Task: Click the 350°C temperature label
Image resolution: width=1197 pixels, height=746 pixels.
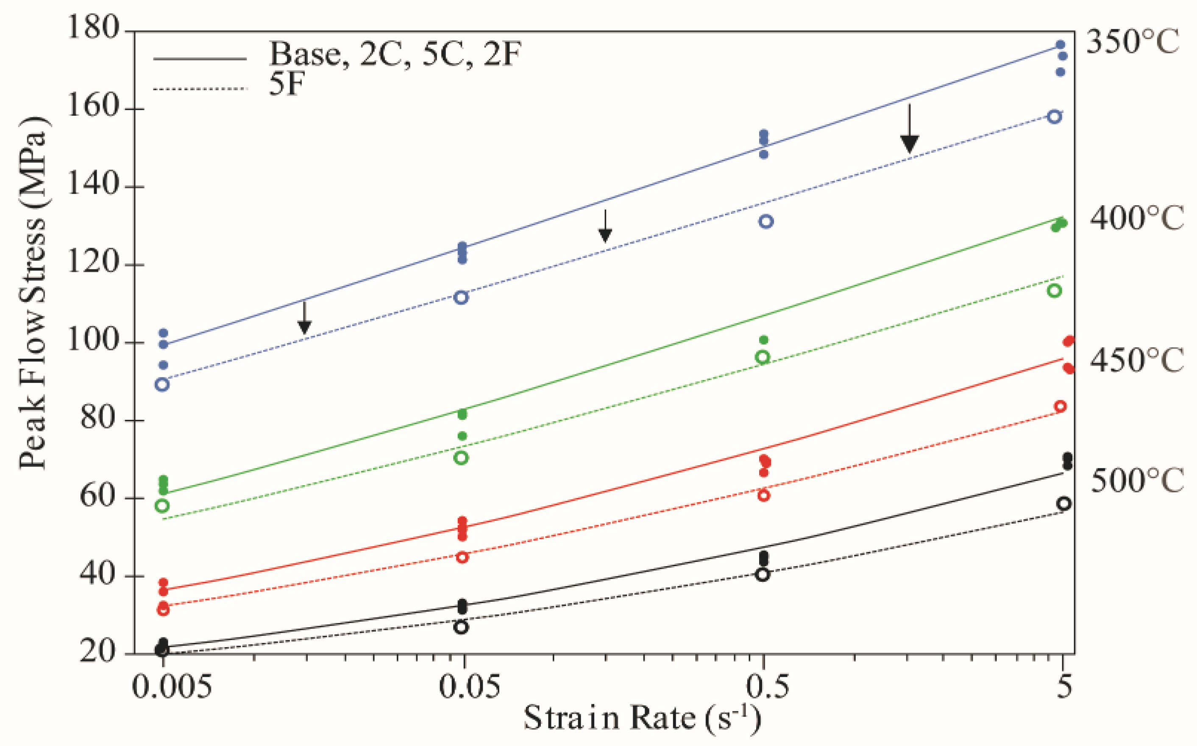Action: [x=1133, y=42]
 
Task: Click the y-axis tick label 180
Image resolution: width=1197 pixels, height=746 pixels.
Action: [x=93, y=27]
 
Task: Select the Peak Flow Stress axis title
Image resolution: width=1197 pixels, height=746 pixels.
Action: [x=33, y=293]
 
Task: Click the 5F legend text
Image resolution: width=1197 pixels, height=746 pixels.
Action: [x=286, y=84]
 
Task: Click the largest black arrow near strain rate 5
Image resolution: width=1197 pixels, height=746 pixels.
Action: [x=910, y=131]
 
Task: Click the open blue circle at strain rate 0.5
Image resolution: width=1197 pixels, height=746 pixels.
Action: [x=766, y=221]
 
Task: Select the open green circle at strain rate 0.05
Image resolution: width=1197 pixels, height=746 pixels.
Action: [x=461, y=457]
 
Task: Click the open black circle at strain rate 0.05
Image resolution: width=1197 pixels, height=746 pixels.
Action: [x=461, y=627]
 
